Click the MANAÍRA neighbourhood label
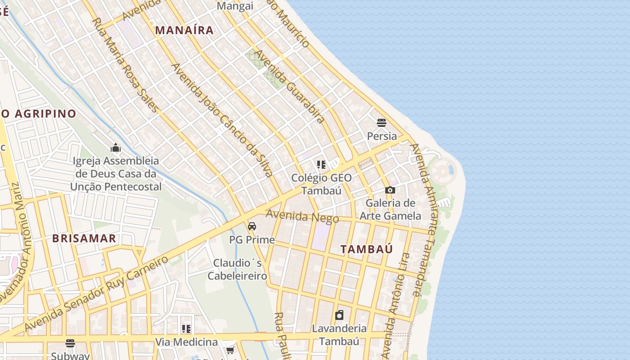click(184, 31)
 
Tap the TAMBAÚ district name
click(366, 249)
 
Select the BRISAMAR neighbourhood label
click(84, 238)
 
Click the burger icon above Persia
click(382, 122)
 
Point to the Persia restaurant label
click(382, 136)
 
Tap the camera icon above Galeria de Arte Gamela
click(390, 190)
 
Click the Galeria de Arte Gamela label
click(390, 209)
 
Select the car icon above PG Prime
click(252, 226)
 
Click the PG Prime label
click(252, 240)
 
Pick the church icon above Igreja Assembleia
click(116, 147)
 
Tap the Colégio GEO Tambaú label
click(321, 184)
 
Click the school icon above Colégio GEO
click(321, 164)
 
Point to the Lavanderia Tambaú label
click(339, 335)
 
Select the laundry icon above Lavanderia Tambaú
click(339, 315)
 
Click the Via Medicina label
click(186, 342)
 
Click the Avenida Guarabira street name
click(289, 86)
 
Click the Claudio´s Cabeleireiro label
click(237, 269)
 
